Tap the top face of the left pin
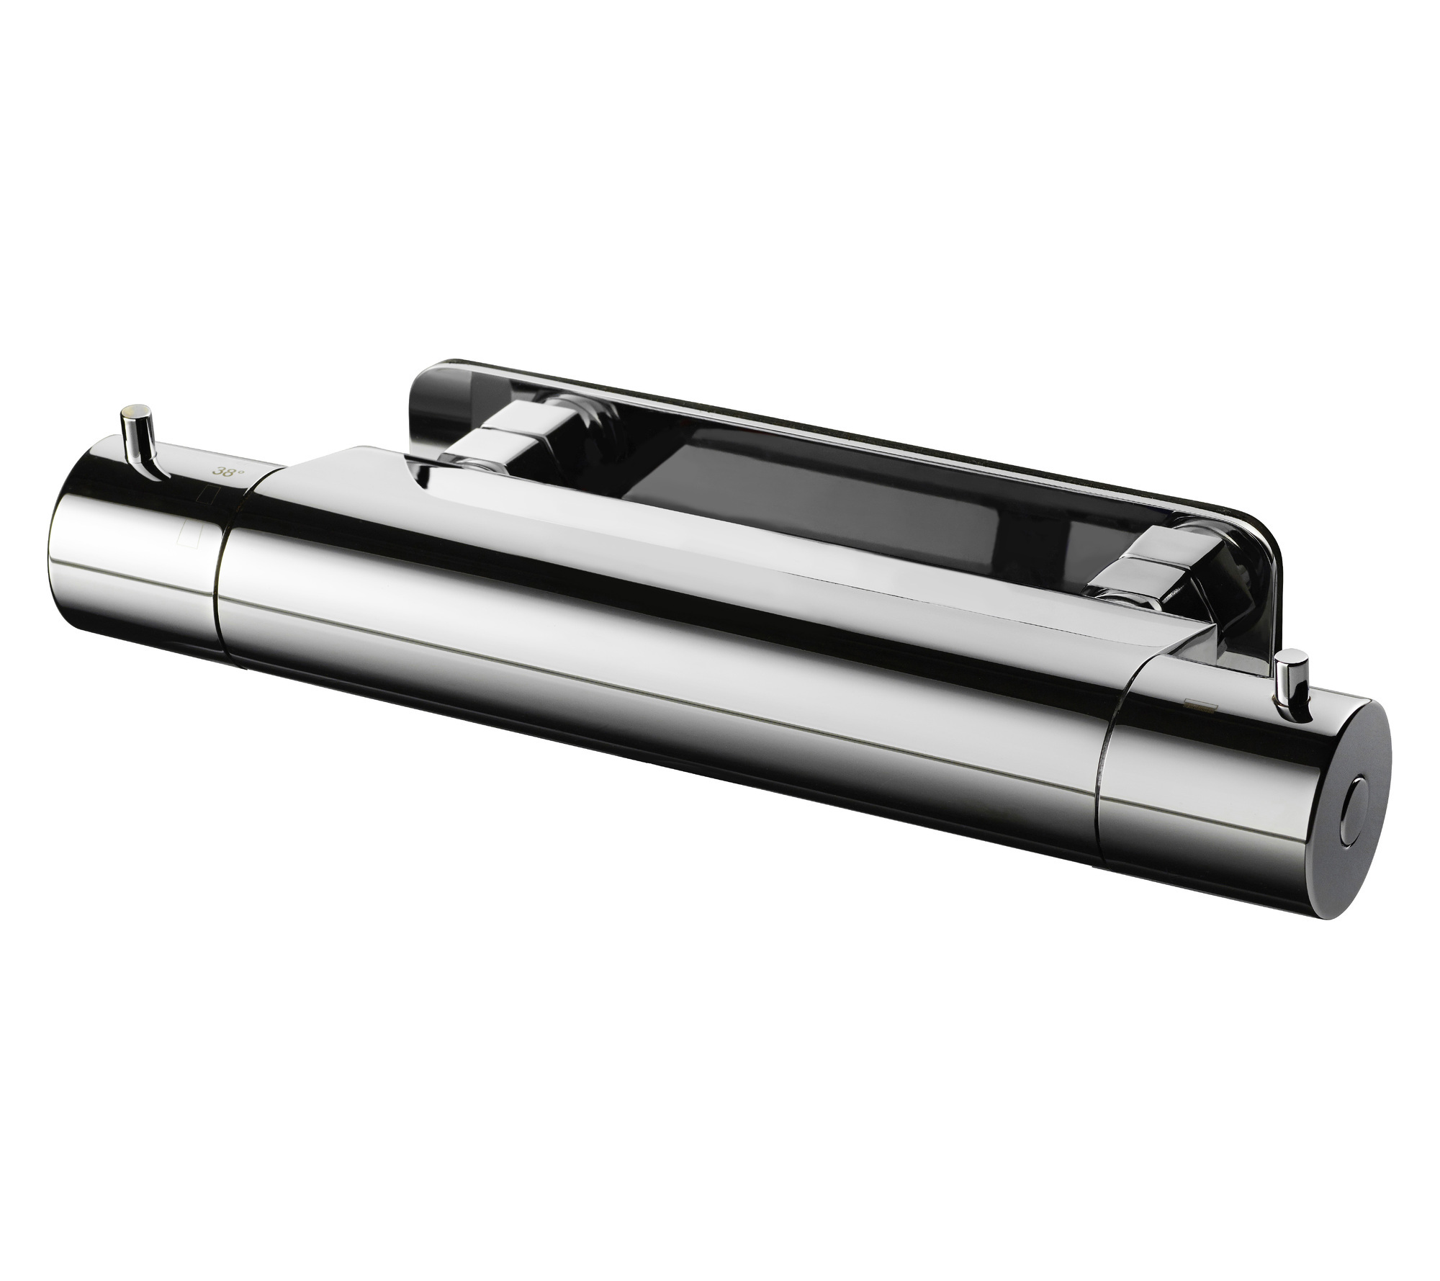pos(135,410)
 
